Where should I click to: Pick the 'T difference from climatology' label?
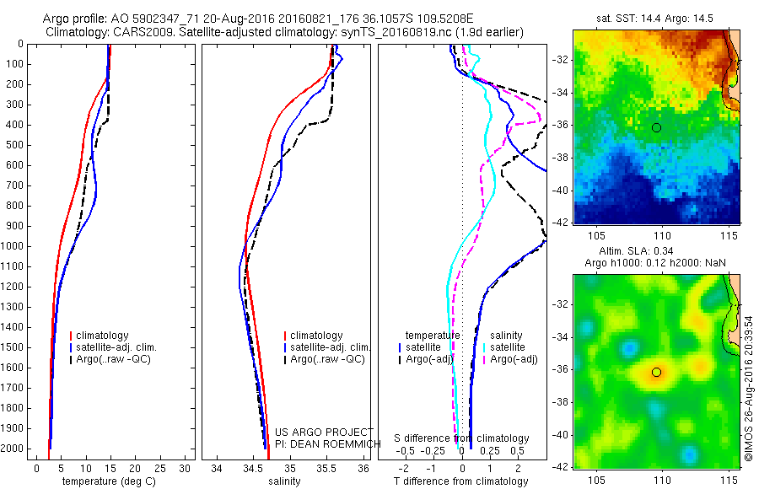click(x=460, y=481)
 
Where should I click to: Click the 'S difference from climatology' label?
click(x=461, y=438)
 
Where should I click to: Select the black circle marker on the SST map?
click(x=656, y=127)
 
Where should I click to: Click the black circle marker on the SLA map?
click(x=656, y=372)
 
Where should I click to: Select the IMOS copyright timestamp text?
click(x=749, y=388)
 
